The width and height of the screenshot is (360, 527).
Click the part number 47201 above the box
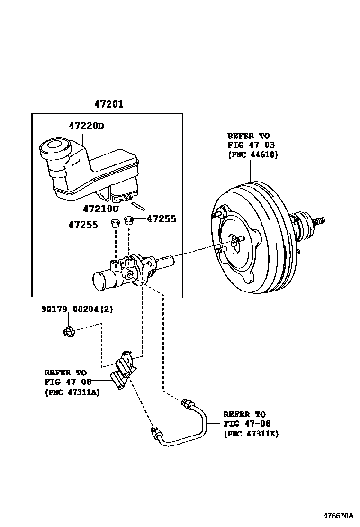coord(109,104)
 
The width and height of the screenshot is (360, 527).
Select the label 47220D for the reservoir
coord(86,126)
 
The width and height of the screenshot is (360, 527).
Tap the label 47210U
coord(101,209)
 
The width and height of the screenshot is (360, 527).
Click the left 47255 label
coord(83,225)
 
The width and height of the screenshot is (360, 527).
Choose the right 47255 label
coord(162,219)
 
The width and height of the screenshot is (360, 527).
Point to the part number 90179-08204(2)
coord(77,309)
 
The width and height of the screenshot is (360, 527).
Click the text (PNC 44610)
coord(253,154)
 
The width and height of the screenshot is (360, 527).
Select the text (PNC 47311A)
coord(72,392)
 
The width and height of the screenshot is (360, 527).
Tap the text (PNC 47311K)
coord(251,434)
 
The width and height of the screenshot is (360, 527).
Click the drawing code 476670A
coord(339,515)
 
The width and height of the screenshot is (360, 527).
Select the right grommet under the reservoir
coord(129,220)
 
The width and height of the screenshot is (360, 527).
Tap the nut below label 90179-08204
coord(69,332)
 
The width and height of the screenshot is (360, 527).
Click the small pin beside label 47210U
coord(138,206)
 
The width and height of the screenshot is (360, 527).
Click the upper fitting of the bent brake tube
coord(186,403)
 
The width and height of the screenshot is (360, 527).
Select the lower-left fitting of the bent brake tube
coord(156,433)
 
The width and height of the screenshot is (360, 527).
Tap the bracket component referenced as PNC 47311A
coord(123,369)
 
